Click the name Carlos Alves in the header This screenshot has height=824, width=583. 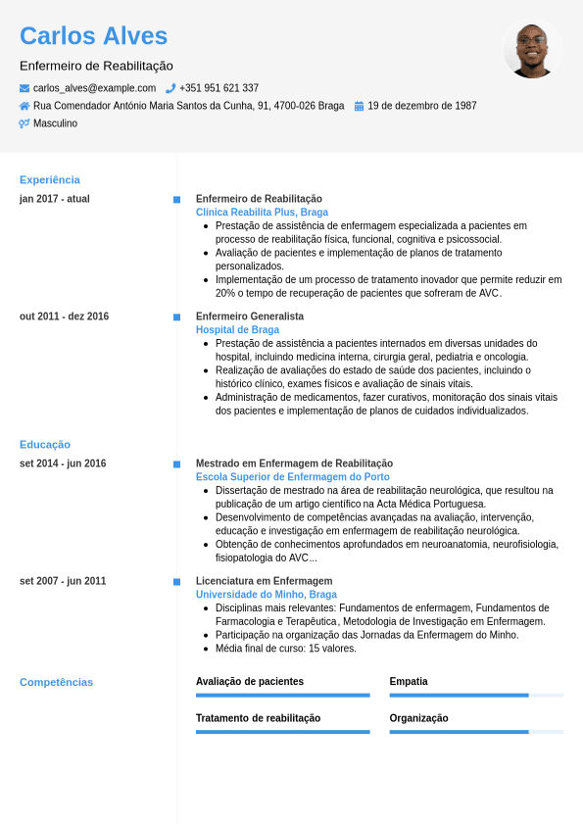tap(94, 36)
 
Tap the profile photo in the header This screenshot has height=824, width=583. tap(532, 50)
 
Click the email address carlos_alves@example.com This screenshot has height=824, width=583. tap(94, 88)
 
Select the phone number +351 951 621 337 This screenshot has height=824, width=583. tap(219, 88)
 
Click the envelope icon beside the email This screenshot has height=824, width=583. tap(24, 88)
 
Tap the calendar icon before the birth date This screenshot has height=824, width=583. tap(359, 106)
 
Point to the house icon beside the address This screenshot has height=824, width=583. tap(24, 106)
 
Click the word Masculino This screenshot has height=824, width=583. tap(55, 123)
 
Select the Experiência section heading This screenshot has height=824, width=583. tap(50, 179)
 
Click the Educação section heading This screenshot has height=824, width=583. tap(45, 444)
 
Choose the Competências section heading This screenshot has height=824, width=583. tap(56, 682)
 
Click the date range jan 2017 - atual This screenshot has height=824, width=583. tap(55, 199)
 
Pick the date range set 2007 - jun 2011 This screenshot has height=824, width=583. tap(63, 581)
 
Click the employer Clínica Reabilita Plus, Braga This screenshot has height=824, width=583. tap(262, 212)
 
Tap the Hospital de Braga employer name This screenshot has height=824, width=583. tap(237, 330)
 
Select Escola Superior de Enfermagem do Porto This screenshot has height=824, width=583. tap(292, 477)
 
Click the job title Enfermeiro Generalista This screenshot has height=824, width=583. tap(250, 316)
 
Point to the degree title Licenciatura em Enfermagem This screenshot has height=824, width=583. tap(264, 581)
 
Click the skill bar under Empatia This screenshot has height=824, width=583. tap(476, 695)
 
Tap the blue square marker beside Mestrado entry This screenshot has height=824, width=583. tap(176, 463)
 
